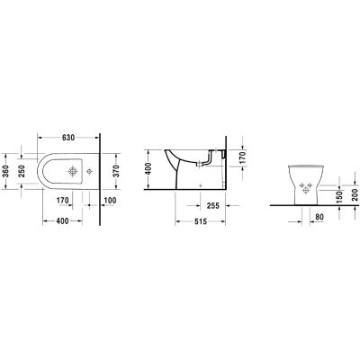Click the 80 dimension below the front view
tap(320, 217)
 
